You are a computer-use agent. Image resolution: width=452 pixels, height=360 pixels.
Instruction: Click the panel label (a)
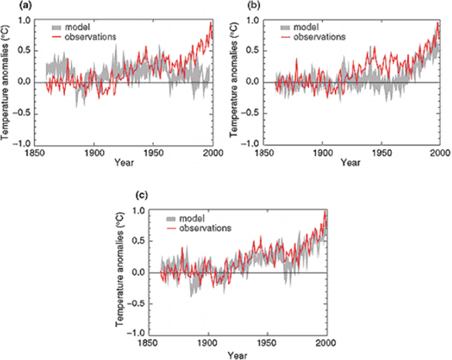[x=8, y=6]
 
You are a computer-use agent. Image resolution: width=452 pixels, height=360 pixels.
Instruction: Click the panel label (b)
[x=236, y=6]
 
